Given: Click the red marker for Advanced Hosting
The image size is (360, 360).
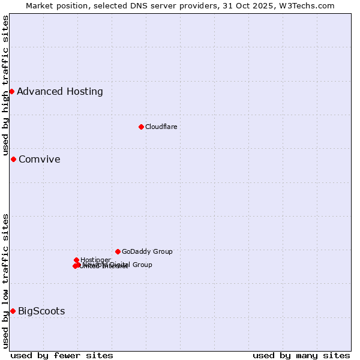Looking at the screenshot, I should [x=11, y=91].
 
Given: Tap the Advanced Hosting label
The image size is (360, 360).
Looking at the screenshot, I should [x=60, y=92].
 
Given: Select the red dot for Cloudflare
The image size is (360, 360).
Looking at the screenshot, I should [x=141, y=127].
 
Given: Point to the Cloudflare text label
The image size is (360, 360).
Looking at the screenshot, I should [x=161, y=127].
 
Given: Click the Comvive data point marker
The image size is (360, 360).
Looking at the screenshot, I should [x=13, y=159].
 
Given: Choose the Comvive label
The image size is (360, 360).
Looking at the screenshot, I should [x=40, y=160].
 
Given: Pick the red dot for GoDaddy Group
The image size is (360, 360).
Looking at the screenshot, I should [x=118, y=251].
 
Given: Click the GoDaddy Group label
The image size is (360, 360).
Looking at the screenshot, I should [x=147, y=251].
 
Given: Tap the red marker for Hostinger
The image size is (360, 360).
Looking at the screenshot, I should [x=76, y=260].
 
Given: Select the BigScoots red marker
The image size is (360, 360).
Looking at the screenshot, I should [x=13, y=311].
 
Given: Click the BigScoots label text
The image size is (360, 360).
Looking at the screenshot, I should [x=41, y=311].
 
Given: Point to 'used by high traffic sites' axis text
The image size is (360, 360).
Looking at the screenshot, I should [x=6, y=86].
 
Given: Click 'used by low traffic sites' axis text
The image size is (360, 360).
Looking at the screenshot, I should [x=6, y=281].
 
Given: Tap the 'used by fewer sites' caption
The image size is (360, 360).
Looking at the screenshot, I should [x=62, y=355].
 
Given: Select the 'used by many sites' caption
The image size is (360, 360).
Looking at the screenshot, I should [x=301, y=355].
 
